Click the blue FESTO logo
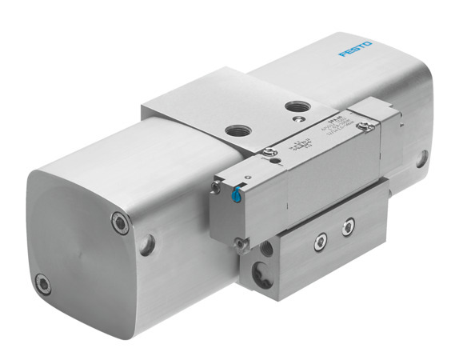pos(355,51)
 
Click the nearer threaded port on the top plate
pos(237,130)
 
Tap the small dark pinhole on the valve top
pos(274,163)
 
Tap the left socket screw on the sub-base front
pos(322,237)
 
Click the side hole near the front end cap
pos(147,246)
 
